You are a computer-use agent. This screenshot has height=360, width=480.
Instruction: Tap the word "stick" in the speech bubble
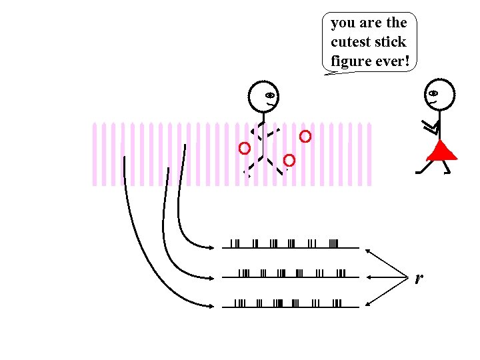(391, 42)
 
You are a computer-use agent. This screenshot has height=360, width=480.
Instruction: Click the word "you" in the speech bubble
(343, 23)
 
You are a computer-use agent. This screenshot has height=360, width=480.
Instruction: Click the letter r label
(418, 277)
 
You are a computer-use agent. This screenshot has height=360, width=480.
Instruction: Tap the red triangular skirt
(441, 151)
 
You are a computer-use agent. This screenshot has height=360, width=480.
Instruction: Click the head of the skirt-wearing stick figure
(439, 94)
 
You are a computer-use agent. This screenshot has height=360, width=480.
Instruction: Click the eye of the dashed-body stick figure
(269, 94)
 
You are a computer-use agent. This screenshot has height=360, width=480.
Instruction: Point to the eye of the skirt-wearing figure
(433, 93)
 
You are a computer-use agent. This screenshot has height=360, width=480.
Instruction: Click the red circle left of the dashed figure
(245, 147)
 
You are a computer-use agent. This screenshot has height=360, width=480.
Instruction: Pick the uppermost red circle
(305, 137)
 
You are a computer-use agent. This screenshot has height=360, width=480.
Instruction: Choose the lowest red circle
(289, 160)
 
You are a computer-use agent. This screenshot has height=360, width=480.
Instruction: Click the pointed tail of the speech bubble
(327, 75)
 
